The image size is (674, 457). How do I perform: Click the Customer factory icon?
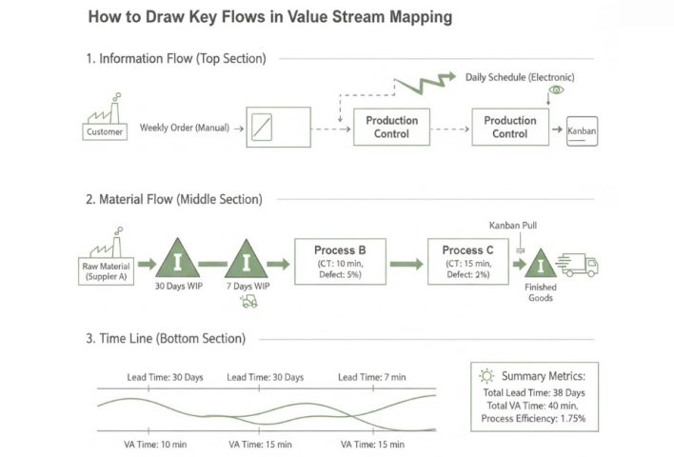[x=105, y=121]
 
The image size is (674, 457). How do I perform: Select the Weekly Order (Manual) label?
[x=184, y=128]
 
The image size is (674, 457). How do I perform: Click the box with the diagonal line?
[x=278, y=127]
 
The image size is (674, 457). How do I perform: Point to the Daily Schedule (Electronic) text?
[x=520, y=76]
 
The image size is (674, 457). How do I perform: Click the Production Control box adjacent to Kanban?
[x=509, y=127]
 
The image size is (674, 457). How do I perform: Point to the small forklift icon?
[x=249, y=301]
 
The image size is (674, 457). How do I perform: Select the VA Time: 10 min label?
[x=155, y=444]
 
